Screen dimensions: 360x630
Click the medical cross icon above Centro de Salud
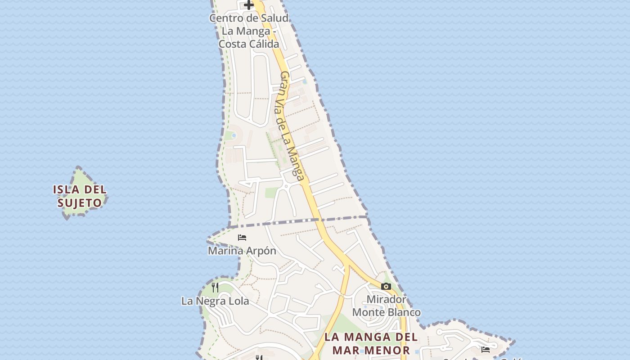coord(249,5)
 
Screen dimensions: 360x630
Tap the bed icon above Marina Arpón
coord(242,237)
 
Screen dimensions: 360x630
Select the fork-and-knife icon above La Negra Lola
coord(215,287)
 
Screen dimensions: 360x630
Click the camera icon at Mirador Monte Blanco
coord(386,286)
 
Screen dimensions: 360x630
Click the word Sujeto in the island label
coord(80,203)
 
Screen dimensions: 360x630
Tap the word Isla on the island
coord(66,189)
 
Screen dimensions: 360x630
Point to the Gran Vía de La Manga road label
coord(292,126)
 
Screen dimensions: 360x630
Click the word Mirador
coord(387,299)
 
